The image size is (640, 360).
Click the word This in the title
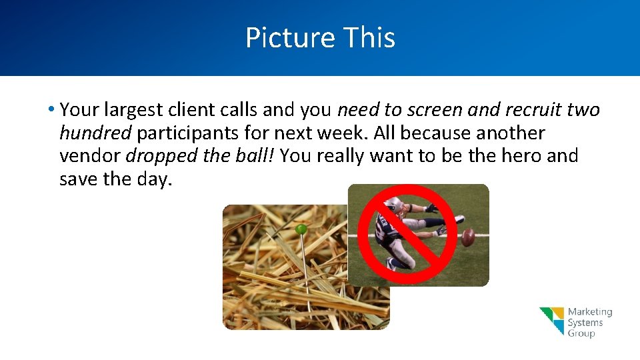click(369, 38)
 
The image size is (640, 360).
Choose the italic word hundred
click(95, 133)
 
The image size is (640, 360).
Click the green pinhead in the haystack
click(301, 229)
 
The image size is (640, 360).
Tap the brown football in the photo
click(469, 237)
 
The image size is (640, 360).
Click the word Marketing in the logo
click(589, 312)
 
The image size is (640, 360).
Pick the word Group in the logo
click(581, 333)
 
